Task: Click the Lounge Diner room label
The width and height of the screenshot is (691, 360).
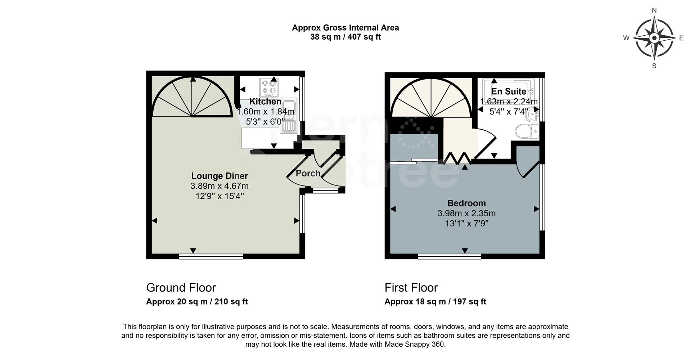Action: (x=219, y=176)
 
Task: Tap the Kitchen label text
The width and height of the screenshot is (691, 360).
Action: (x=265, y=102)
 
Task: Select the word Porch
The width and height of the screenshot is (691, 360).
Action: (x=308, y=173)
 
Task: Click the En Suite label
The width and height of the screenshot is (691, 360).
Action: (x=509, y=91)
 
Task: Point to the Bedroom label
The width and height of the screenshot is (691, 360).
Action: (x=466, y=203)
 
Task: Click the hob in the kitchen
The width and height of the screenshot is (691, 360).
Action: (x=269, y=87)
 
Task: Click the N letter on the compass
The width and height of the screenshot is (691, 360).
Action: (x=654, y=10)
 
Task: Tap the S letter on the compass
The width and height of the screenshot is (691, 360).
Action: (x=654, y=66)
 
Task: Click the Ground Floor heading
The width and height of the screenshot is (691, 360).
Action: (x=181, y=288)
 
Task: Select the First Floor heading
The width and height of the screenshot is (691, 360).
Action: (x=411, y=288)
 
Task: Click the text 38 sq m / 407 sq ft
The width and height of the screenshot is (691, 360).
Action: (x=345, y=37)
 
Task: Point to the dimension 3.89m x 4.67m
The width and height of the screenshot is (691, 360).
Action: (x=219, y=186)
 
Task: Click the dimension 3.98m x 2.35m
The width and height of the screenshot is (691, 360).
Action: (x=466, y=213)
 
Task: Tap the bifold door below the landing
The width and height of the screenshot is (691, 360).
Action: (x=456, y=158)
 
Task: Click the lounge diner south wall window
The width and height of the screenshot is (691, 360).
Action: (x=211, y=256)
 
